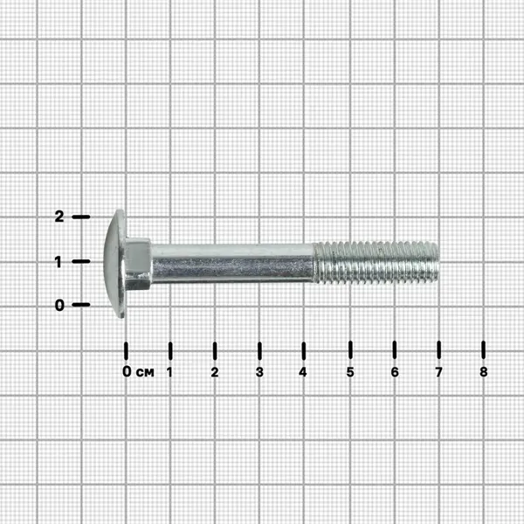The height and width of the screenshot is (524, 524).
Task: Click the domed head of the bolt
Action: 114,264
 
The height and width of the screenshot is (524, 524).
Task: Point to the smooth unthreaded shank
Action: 232,264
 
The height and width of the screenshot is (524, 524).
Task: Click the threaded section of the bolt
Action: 376,263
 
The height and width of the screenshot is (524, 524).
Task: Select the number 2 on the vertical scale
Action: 59,217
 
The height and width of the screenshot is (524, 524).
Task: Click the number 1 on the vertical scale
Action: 59,262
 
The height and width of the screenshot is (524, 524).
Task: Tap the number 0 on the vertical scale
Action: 59,305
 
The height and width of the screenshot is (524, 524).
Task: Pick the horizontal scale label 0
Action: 127,371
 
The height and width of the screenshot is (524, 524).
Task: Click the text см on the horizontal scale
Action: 145,372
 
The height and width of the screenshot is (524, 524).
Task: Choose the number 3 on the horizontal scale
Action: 259,372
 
